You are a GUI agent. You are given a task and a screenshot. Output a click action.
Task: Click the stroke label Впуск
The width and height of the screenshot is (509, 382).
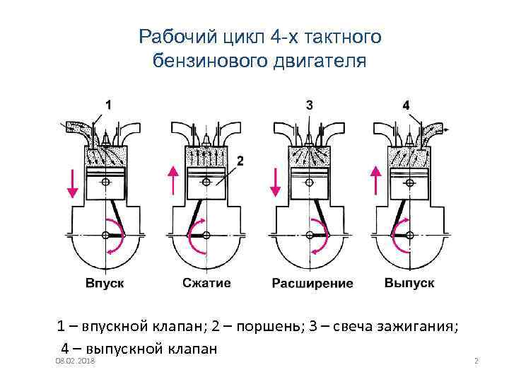105,283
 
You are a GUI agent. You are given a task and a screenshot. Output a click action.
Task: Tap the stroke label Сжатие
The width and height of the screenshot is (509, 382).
206,283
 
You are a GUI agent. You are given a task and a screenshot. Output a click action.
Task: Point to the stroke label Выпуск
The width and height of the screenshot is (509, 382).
410,283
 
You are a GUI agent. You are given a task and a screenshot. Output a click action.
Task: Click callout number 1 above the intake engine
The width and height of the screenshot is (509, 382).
107,104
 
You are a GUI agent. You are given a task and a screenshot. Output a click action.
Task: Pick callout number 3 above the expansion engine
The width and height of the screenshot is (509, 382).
310,104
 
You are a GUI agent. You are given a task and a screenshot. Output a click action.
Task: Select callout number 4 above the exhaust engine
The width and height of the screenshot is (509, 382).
406,105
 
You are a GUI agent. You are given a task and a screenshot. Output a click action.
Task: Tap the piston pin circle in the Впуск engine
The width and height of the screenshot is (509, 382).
105,183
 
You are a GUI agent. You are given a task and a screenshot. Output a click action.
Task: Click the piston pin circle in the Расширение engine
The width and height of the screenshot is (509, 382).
308,183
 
